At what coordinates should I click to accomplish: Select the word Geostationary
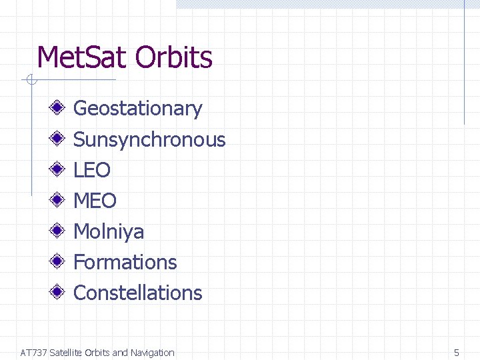(x=137, y=109)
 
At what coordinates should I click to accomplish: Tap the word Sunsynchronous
(x=149, y=139)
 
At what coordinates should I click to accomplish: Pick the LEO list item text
(x=92, y=170)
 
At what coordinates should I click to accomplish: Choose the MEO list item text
(x=95, y=201)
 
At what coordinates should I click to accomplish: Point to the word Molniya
(x=109, y=231)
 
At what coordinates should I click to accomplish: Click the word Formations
(x=125, y=262)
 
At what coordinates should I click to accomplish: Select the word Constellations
(x=137, y=293)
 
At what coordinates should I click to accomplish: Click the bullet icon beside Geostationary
(x=59, y=108)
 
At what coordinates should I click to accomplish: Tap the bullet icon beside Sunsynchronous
(x=59, y=139)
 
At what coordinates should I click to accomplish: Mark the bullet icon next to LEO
(x=59, y=169)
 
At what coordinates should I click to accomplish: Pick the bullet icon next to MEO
(x=59, y=200)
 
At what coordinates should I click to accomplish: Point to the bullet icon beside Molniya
(x=59, y=231)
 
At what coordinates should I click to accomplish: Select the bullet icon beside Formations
(x=59, y=261)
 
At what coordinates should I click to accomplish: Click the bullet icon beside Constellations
(x=59, y=292)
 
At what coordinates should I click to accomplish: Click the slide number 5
(x=457, y=353)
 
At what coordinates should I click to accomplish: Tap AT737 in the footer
(x=33, y=353)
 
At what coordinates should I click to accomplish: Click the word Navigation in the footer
(x=152, y=353)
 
